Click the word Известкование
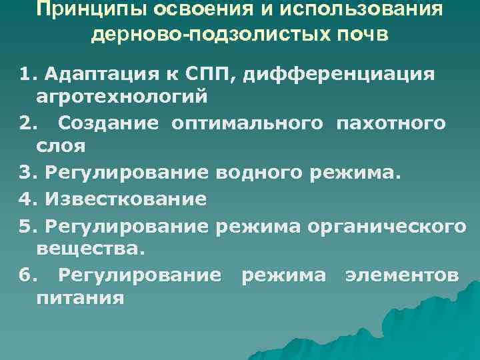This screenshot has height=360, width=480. coord(126,199)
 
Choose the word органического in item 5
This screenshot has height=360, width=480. coord(387,226)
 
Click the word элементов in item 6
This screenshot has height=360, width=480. coord(401,275)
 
